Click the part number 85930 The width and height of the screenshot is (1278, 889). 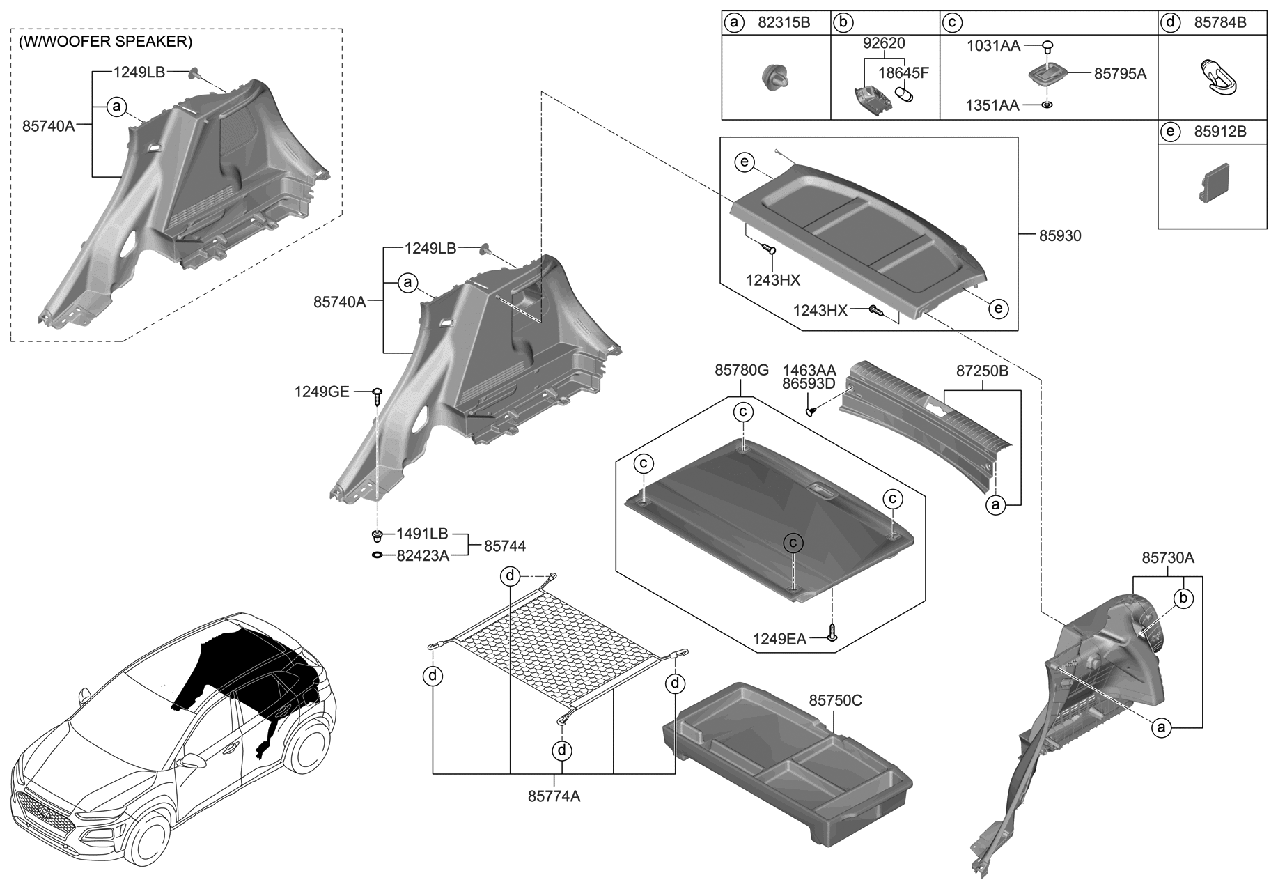(1060, 236)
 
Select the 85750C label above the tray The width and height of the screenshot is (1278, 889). (835, 700)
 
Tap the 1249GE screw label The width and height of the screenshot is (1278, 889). (321, 392)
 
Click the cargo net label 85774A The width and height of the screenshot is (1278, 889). (554, 796)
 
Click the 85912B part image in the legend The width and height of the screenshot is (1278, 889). (1213, 183)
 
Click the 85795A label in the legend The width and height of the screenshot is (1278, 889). (1119, 74)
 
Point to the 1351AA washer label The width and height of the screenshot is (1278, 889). (992, 105)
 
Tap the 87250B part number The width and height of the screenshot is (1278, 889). (981, 371)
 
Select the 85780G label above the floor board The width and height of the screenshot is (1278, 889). (741, 371)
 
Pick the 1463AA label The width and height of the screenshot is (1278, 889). (809, 370)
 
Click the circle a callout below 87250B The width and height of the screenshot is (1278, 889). (996, 504)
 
